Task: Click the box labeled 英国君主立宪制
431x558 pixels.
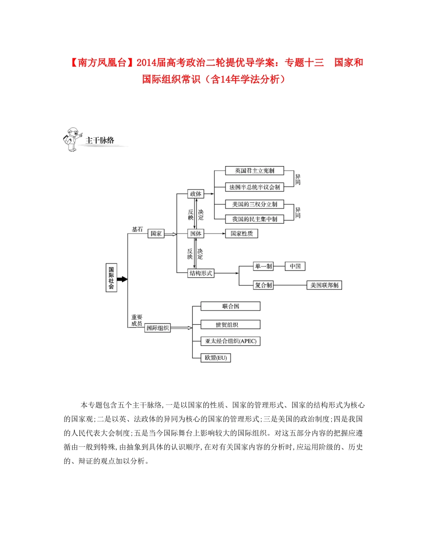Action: point(254,171)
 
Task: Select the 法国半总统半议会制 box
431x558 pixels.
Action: point(254,186)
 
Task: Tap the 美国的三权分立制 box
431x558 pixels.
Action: point(254,204)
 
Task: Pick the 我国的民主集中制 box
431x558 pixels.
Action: point(254,219)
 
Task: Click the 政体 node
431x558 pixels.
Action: point(196,194)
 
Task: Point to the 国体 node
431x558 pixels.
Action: point(196,234)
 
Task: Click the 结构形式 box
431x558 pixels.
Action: point(200,273)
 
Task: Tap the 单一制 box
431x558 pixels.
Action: point(263,266)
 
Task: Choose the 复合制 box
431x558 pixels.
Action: point(263,285)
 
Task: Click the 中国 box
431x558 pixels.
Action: point(295,266)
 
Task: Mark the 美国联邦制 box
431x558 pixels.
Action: point(324,285)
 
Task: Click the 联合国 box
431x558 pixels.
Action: point(230,306)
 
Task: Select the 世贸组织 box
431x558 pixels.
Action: point(230,324)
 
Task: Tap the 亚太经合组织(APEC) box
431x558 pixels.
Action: point(230,341)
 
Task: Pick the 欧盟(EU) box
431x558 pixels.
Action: point(215,358)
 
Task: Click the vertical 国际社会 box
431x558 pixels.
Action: point(111,278)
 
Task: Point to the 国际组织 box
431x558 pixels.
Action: point(157,329)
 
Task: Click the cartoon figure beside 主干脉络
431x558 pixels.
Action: point(72,140)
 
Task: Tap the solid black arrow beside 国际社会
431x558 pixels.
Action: point(122,279)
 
